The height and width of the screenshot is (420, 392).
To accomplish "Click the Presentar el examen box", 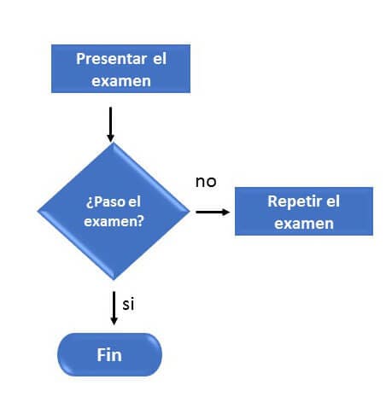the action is [x=120, y=68].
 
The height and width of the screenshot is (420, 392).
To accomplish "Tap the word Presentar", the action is [x=111, y=59].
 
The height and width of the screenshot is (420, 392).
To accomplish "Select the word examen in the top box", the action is [x=121, y=81].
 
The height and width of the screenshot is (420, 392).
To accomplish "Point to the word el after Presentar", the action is [x=160, y=58].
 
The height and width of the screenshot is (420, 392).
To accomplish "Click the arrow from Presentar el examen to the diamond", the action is [x=110, y=125].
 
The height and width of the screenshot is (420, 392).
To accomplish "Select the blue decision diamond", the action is [x=114, y=211].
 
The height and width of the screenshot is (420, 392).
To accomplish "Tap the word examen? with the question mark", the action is [x=114, y=221].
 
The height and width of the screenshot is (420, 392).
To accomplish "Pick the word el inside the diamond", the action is [x=134, y=201].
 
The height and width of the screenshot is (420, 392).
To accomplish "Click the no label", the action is [x=206, y=182].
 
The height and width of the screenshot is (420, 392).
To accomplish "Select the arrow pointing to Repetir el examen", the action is [x=213, y=212].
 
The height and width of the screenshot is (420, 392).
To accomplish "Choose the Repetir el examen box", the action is [x=304, y=211].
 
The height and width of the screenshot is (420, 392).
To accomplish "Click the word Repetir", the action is [x=295, y=201].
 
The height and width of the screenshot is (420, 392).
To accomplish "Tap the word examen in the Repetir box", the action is [x=304, y=224].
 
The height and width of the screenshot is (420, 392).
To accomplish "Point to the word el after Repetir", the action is [x=333, y=201].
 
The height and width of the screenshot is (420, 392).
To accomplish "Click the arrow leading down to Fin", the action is [x=114, y=308].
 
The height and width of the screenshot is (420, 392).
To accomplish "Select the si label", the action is [x=128, y=304].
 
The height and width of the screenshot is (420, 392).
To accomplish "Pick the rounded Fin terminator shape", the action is [x=109, y=354].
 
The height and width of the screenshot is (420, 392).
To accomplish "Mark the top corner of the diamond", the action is [x=114, y=143].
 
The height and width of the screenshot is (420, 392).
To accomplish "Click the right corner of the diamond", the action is [x=190, y=211].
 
